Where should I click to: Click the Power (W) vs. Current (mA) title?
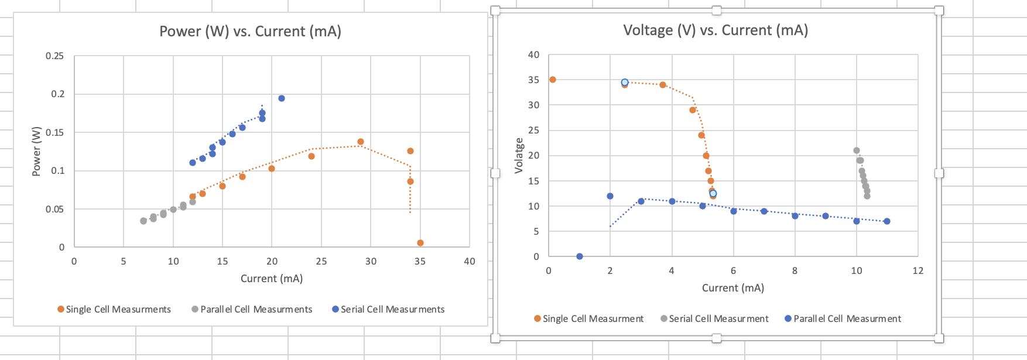coord(250,32)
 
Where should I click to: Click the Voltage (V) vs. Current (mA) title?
coord(715,30)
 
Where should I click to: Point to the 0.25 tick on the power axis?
coord(54,56)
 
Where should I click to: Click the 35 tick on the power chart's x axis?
coord(420,261)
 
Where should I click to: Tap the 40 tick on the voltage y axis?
coord(533,55)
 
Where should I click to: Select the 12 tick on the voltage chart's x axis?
coord(918,270)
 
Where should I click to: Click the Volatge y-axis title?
coord(519,156)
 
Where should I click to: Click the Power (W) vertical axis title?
coord(37,151)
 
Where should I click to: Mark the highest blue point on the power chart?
coord(282,98)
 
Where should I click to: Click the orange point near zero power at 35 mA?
coord(420,243)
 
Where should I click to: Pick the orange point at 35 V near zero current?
coord(553,80)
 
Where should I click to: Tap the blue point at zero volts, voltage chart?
coord(580,256)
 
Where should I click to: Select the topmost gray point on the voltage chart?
coord(857,150)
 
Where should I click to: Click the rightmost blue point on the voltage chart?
coord(887,221)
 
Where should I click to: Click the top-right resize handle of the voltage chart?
coord(939,11)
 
